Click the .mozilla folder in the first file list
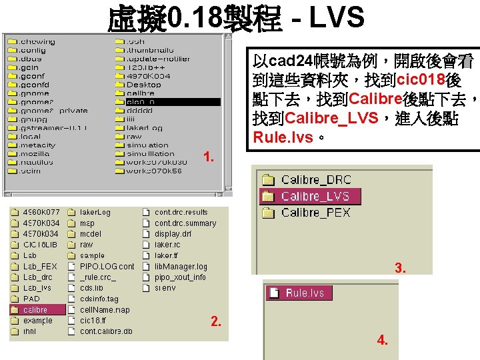pyautogui.click(x=33, y=153)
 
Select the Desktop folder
pyautogui.click(x=143, y=85)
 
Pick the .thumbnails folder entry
pyautogui.click(x=150, y=50)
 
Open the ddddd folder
pyautogui.click(x=140, y=111)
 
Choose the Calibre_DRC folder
pyautogui.click(x=315, y=180)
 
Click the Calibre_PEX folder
pyautogui.click(x=315, y=213)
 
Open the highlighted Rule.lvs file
pyautogui.click(x=304, y=293)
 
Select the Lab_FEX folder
pyautogui.click(x=39, y=266)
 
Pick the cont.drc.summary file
pyautogui.click(x=185, y=223)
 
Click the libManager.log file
pyautogui.click(x=181, y=266)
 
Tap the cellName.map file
pyautogui.click(x=105, y=309)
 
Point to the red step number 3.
pyautogui.click(x=400, y=269)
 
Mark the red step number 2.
pyautogui.click(x=215, y=322)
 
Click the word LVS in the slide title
pyautogui.click(x=336, y=18)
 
